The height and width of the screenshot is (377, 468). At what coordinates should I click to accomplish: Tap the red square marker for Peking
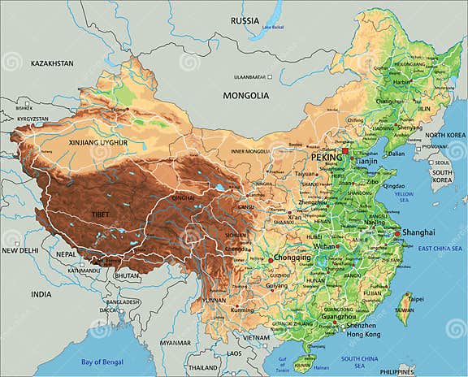pyautogui.click(x=344, y=150)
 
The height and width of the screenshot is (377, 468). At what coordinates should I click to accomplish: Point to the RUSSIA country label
pyautogui.click(x=244, y=20)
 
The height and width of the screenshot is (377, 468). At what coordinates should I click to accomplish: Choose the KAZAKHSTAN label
pyautogui.click(x=52, y=63)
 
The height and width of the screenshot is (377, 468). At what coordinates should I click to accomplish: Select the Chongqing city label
pyautogui.click(x=292, y=258)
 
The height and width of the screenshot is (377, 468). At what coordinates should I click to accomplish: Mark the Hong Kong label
pyautogui.click(x=362, y=334)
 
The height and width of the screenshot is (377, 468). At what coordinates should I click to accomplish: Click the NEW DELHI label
pyautogui.click(x=20, y=251)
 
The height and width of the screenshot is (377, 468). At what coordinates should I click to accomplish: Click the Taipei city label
pyautogui.click(x=415, y=298)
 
